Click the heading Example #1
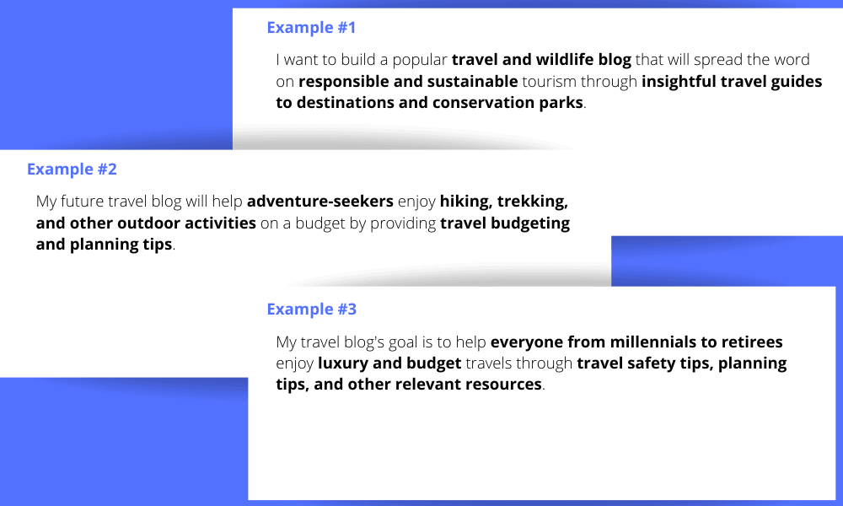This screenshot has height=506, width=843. pyautogui.click(x=311, y=28)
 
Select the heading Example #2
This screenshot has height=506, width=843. pyautogui.click(x=72, y=170)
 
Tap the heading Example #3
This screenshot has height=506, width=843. pyautogui.click(x=311, y=310)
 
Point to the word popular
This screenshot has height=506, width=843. pyautogui.click(x=419, y=61)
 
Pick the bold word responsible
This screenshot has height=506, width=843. pyautogui.click(x=345, y=82)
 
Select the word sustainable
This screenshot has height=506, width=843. pyautogui.click(x=472, y=82)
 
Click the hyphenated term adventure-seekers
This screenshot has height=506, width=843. pyautogui.click(x=320, y=202)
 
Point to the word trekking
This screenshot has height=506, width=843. pyautogui.click(x=532, y=202)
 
